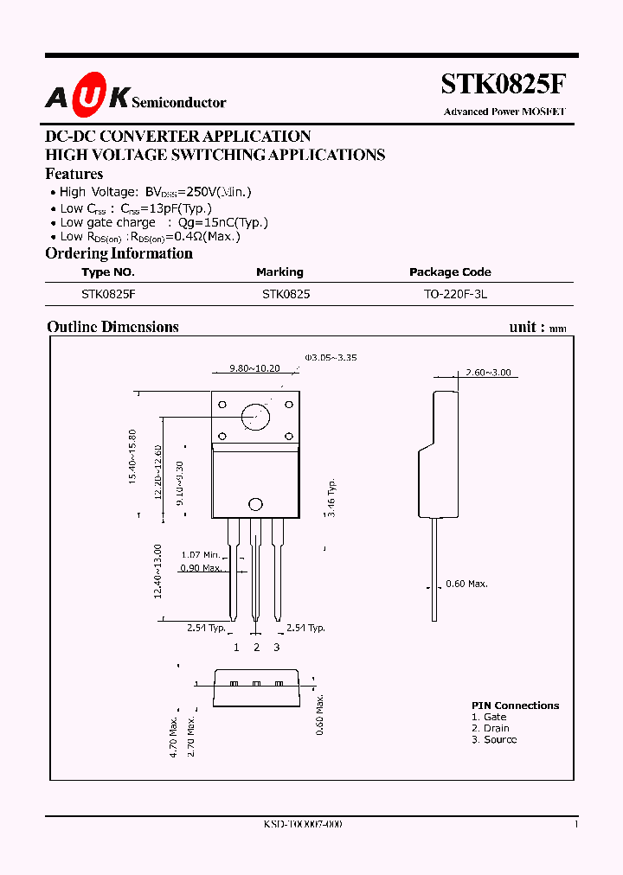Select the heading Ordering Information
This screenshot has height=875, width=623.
tap(119, 253)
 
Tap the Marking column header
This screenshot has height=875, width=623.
tap(279, 271)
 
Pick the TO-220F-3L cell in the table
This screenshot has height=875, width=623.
tap(455, 294)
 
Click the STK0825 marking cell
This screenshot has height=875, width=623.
tap(286, 294)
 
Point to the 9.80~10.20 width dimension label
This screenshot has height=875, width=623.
tap(254, 367)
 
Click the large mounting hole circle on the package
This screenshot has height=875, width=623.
tap(255, 416)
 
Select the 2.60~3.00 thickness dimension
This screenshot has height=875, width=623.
tap(488, 373)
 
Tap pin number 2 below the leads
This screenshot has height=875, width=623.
tap(256, 647)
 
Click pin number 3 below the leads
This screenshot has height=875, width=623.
tap(277, 647)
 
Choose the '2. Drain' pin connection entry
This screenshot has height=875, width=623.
tap(491, 728)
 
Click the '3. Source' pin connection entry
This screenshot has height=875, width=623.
tap(494, 740)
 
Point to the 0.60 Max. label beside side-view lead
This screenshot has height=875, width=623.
tap(467, 584)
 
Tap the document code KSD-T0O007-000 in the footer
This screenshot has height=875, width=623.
tap(303, 825)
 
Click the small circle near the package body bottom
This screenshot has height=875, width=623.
tap(255, 504)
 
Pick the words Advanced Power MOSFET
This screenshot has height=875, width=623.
tap(504, 112)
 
